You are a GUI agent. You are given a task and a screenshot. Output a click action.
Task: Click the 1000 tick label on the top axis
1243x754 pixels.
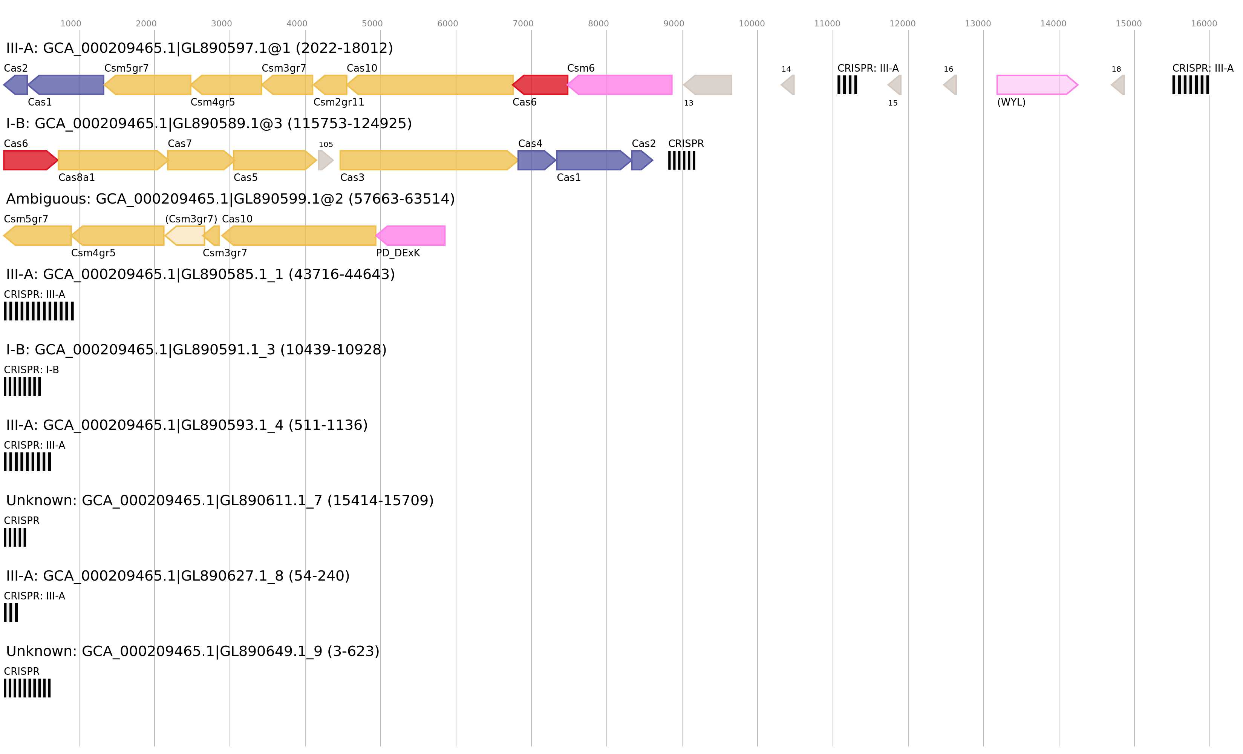(70, 24)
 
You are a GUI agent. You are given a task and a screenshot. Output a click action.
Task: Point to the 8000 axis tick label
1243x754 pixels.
(598, 24)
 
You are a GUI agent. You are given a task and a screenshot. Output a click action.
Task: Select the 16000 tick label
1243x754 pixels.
(1204, 24)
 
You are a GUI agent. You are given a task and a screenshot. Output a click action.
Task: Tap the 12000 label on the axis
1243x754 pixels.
(902, 24)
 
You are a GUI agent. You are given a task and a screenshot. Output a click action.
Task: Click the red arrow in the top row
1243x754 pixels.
(541, 85)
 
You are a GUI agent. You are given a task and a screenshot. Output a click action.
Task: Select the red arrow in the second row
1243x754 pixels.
(30, 160)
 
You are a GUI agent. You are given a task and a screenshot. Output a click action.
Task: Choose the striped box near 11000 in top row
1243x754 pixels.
(847, 85)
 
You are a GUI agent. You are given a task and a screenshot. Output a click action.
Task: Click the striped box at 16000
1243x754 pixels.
(1190, 85)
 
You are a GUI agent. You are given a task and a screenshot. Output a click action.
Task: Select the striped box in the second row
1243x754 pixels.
(681, 160)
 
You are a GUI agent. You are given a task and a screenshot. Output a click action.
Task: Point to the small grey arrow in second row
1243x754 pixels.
(325, 160)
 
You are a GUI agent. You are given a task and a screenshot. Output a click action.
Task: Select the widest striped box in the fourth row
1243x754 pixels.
(39, 311)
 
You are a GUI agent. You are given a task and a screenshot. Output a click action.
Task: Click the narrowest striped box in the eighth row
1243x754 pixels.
(11, 613)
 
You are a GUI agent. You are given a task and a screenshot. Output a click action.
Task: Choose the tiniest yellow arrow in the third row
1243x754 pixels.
(213, 236)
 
